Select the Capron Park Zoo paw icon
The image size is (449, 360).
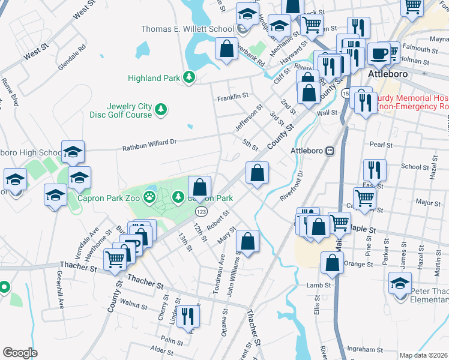(149, 196)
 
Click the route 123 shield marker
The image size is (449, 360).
(201, 211)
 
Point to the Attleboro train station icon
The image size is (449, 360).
(330, 151)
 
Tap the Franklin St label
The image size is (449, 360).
(233, 97)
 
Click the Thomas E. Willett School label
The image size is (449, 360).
(187, 29)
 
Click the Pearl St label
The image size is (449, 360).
(381, 145)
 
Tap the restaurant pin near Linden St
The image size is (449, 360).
(188, 316)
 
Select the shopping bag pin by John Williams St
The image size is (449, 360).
(247, 242)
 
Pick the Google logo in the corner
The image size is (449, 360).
(20, 353)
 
